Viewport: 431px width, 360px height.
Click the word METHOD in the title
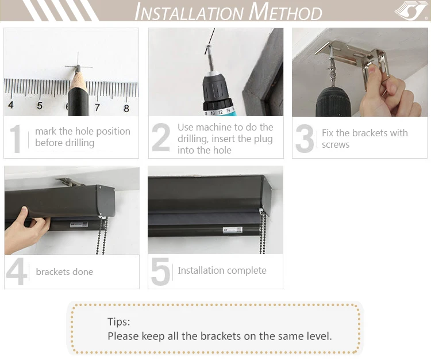coord(285,12)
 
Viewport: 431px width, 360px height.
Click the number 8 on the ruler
coord(126,108)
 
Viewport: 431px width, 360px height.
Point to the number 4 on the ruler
coord(11,105)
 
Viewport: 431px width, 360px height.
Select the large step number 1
coord(16,139)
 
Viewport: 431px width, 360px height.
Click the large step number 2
coord(161,137)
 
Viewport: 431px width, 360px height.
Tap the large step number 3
coord(305,139)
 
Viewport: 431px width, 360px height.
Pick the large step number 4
coord(17,271)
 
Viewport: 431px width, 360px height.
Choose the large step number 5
coord(160,271)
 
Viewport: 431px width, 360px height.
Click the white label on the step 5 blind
coord(232,230)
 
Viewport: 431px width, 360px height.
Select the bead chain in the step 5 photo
coord(263,231)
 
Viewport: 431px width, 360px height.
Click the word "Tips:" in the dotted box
coord(119,321)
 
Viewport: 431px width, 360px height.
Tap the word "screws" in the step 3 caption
coord(336,145)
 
